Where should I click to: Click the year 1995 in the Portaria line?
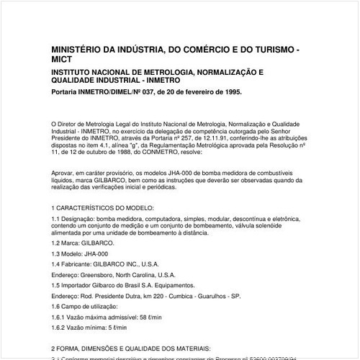230,93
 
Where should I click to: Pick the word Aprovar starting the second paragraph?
64,174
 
